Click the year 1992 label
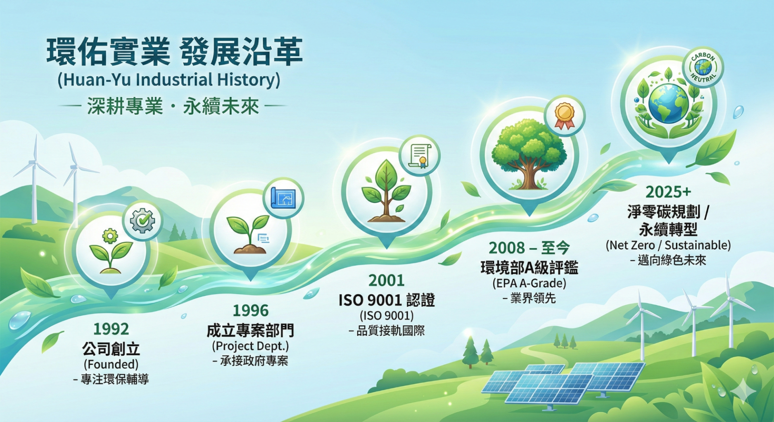point(111,329)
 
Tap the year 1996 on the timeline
point(250,310)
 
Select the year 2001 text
point(387,280)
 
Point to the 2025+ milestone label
point(668,192)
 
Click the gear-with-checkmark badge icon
point(142,220)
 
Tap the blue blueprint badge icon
point(283,198)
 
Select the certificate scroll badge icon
point(420,156)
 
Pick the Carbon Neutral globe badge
point(703,67)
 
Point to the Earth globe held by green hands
point(668,104)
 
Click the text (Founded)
point(111,364)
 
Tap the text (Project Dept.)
point(250,346)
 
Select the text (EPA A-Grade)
point(529,283)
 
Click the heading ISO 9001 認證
point(387,300)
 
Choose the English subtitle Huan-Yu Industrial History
point(169,80)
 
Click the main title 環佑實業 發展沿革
point(174,52)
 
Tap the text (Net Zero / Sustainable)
point(668,245)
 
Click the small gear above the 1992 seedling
point(110,236)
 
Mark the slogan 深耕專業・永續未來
point(173,106)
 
